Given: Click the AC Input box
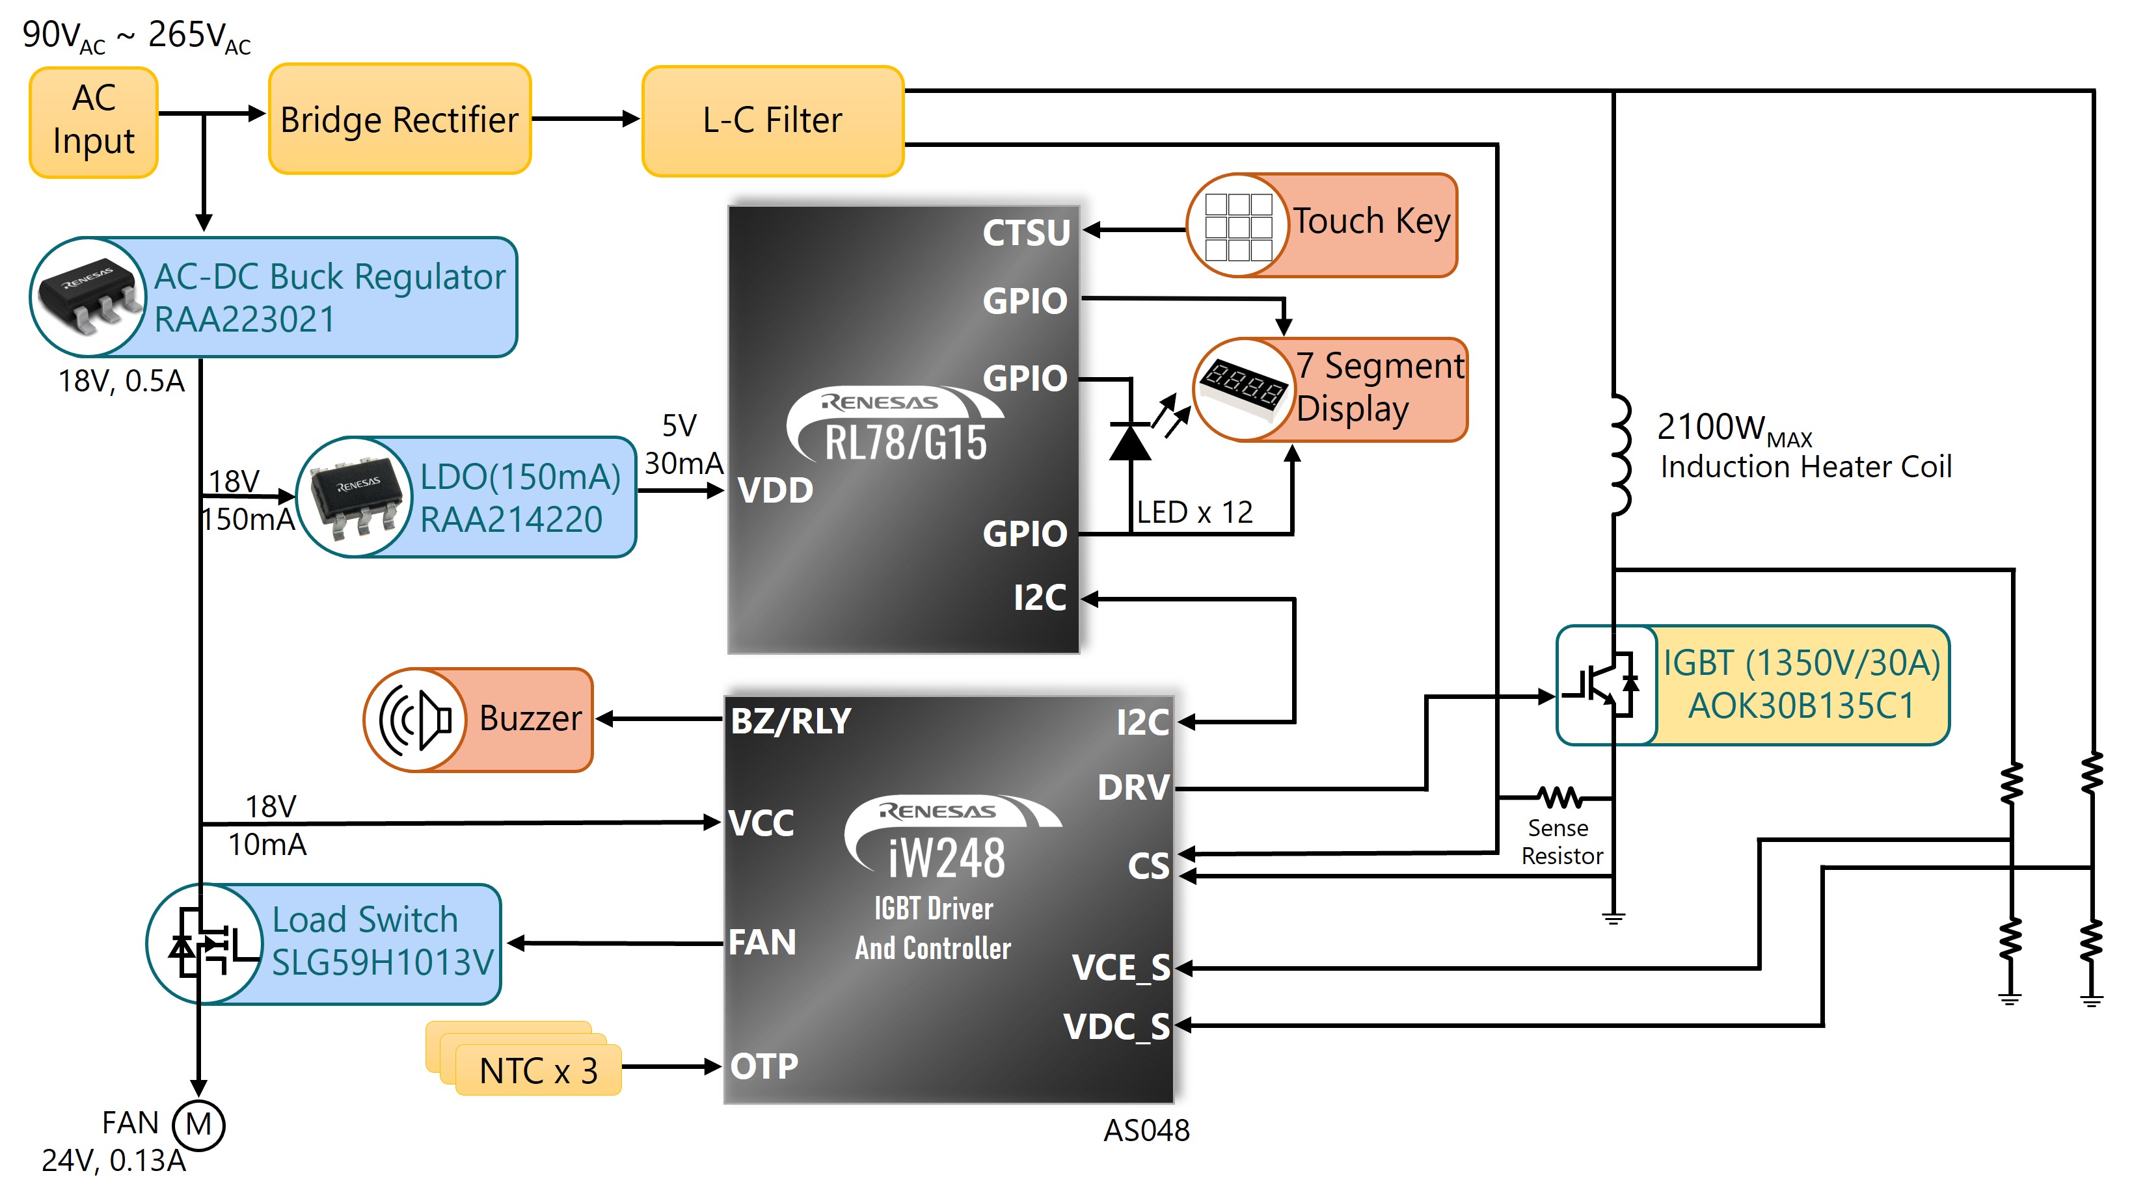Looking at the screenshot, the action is click(94, 122).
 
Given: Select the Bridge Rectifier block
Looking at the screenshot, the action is click(399, 119).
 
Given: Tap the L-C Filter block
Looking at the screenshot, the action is click(773, 121).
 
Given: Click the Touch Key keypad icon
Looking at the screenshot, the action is click(1238, 225).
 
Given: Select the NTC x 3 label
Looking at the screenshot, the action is click(538, 1070).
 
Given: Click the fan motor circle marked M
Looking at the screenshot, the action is click(198, 1125).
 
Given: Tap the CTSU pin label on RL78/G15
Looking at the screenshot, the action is click(1026, 233).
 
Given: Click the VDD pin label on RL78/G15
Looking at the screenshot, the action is click(776, 490).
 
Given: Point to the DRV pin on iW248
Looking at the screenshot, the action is click(1133, 787).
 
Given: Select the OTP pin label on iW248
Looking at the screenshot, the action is click(764, 1066).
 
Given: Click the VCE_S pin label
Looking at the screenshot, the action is click(1120, 967).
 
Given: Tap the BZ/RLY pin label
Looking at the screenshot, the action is click(790, 720).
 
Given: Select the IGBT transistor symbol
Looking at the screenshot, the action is click(1606, 685).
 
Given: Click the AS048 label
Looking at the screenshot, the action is click(1146, 1130).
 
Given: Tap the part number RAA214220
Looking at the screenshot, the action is click(511, 520).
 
